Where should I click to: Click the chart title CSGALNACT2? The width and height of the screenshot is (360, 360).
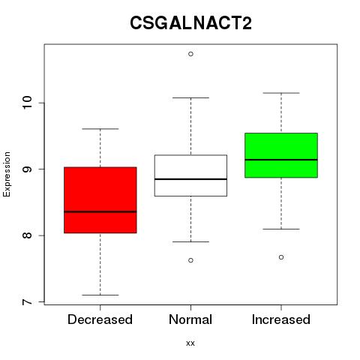pos(190,22)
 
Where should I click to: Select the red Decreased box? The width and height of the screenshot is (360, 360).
pos(100,200)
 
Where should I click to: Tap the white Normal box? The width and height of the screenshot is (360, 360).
pos(190,175)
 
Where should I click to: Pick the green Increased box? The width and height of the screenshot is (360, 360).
pos(281,155)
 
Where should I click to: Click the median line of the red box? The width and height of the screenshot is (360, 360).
pos(100,211)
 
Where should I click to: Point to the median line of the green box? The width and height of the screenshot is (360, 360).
pos(281,160)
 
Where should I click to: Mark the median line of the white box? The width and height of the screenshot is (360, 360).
pos(190,179)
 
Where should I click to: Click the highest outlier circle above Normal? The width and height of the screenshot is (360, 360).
pos(190,54)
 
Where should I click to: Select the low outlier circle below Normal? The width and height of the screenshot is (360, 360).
pos(190,260)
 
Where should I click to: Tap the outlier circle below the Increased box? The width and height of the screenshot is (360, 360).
pos(281,257)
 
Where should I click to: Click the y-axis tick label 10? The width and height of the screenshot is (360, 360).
pos(27,103)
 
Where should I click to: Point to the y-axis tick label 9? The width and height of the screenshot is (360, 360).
pos(27,169)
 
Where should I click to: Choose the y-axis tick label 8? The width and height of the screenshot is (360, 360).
pos(27,235)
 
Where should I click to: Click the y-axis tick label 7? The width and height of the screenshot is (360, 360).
pos(27,302)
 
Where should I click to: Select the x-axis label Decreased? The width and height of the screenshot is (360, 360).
pos(100,319)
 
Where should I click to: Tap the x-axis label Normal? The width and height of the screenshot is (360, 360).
pos(190,319)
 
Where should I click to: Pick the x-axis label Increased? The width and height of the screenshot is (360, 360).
pos(281,319)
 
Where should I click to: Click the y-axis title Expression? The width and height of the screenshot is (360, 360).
pos(7,174)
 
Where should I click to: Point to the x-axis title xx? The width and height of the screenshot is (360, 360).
pos(190,343)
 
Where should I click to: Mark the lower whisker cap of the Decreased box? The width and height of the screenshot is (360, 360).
pos(100,295)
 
